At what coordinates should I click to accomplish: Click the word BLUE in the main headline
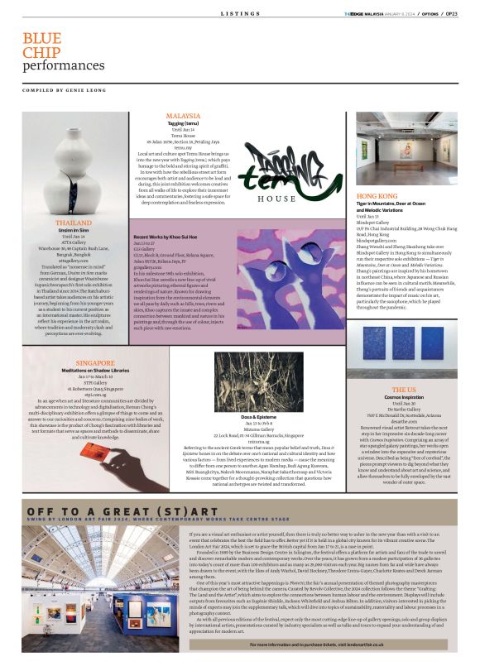point(41,39)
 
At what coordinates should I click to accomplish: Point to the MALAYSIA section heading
point(183,116)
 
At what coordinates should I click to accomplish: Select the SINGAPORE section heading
point(94,362)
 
